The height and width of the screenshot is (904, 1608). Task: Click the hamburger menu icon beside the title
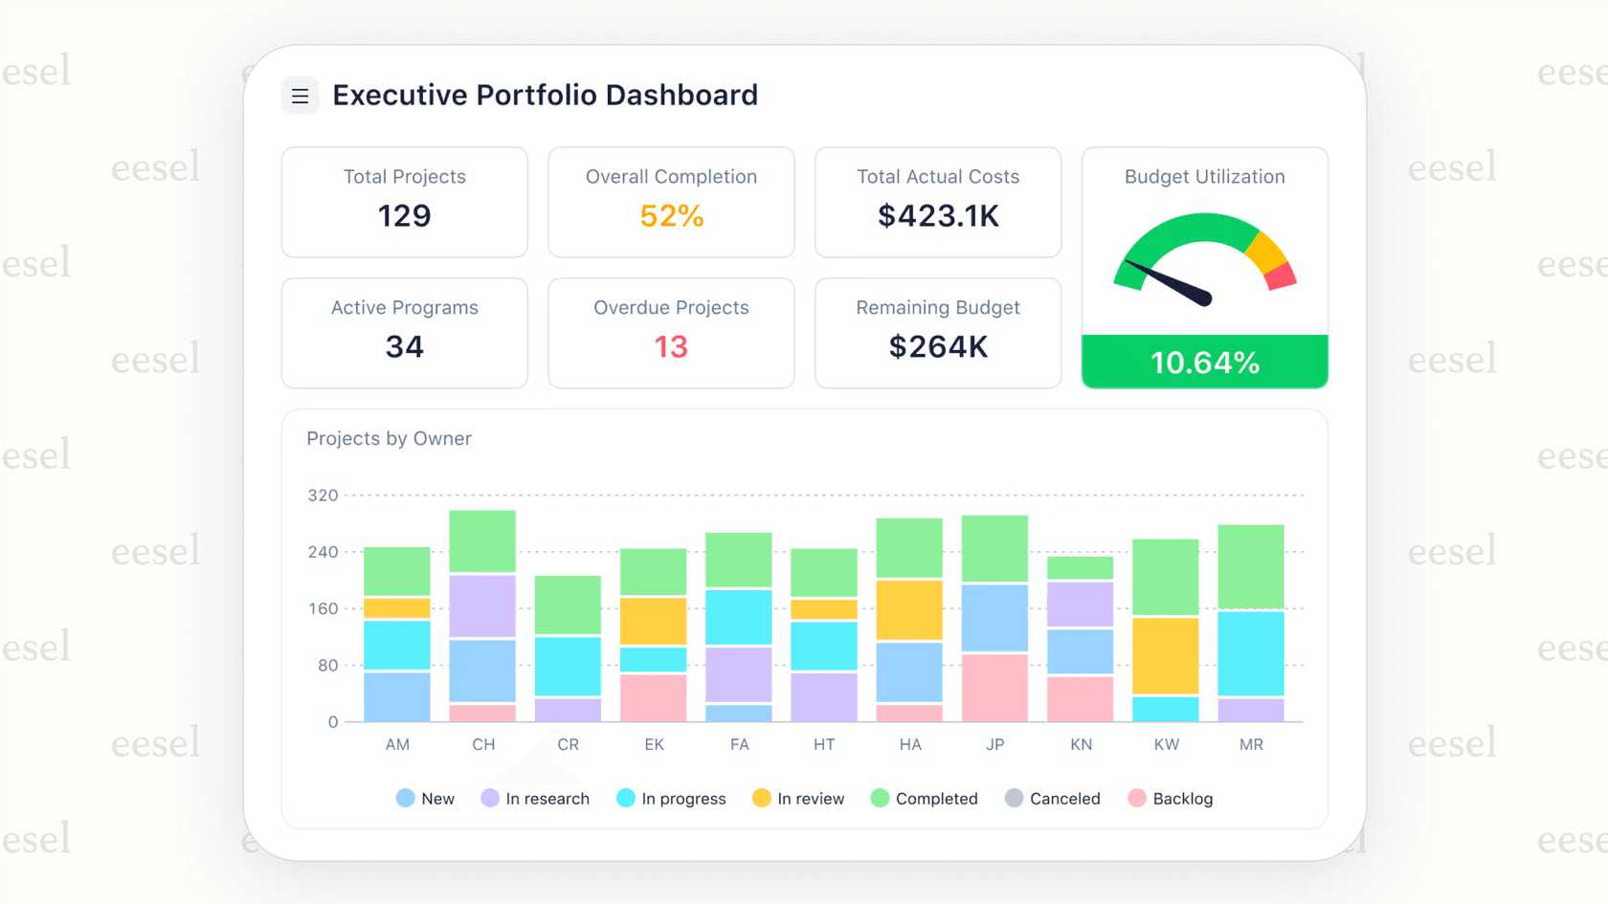coord(300,96)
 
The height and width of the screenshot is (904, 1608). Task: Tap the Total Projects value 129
coord(404,216)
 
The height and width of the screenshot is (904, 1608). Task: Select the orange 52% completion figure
coord(671,216)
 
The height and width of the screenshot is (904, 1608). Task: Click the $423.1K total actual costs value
coord(938,216)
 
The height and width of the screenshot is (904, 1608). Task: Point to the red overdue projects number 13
coord(671,347)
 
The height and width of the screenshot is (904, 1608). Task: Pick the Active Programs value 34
coord(404,347)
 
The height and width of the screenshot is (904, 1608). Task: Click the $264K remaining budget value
coord(938,347)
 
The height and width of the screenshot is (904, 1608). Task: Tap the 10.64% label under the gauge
coord(1204,363)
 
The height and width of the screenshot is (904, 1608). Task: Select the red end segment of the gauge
coord(1281,277)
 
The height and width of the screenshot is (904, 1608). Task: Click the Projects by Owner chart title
coord(389,439)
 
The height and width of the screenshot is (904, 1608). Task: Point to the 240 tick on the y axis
coord(323,552)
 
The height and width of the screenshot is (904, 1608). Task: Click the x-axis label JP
coord(995,744)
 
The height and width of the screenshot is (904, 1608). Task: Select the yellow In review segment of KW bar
coord(1165,655)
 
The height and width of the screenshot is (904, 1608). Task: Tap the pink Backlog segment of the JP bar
coord(994,688)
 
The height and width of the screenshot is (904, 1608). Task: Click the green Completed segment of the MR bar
coord(1250,566)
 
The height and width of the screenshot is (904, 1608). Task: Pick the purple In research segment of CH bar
coord(482,606)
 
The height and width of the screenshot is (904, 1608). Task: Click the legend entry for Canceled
coord(1053,799)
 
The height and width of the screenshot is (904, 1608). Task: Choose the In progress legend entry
coord(672,799)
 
